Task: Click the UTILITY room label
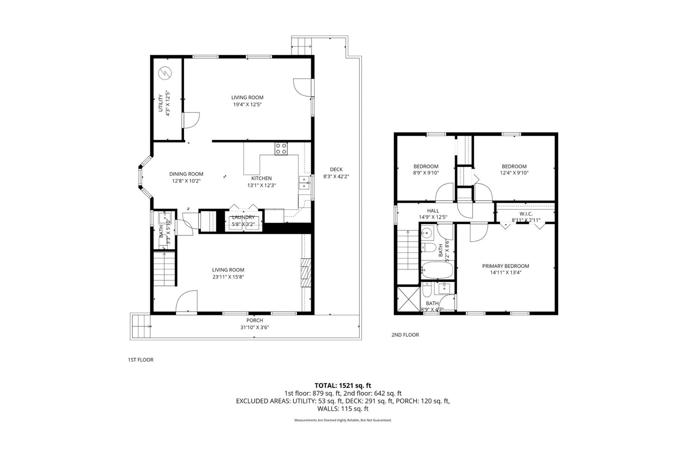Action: (161, 103)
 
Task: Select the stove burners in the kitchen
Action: (281, 149)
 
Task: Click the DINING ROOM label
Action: (186, 174)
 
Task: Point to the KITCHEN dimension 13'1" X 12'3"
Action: (261, 185)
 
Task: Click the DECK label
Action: (336, 169)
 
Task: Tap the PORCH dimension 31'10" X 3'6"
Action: (255, 327)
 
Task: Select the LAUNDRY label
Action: (243, 217)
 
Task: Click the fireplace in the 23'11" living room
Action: (306, 272)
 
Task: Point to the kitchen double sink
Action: (304, 183)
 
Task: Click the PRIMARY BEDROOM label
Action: (505, 266)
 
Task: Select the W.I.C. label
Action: (526, 214)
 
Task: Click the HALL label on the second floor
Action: (433, 211)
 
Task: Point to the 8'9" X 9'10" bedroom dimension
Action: (426, 173)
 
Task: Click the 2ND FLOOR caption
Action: (405, 335)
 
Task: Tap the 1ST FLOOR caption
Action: (140, 360)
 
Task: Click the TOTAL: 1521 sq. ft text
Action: (343, 385)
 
